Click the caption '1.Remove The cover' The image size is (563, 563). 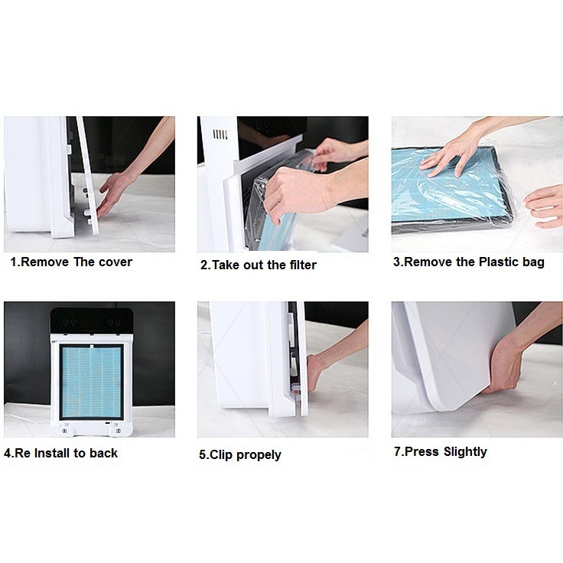pyautogui.click(x=71, y=262)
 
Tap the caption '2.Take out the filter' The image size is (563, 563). pyautogui.click(x=259, y=265)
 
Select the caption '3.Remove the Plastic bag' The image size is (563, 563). pyautogui.click(x=469, y=262)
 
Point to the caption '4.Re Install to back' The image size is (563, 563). pyautogui.click(x=60, y=453)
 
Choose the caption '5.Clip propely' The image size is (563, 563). pyautogui.click(x=240, y=454)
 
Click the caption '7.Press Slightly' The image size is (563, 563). pyautogui.click(x=441, y=451)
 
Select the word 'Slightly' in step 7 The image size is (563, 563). pyautogui.click(x=465, y=451)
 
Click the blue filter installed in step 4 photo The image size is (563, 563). pyautogui.click(x=92, y=382)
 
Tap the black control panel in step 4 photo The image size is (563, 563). pyautogui.click(x=92, y=321)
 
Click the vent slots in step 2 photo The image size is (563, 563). pyautogui.click(x=220, y=135)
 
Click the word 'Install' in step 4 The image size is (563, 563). pyautogui.click(x=52, y=453)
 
